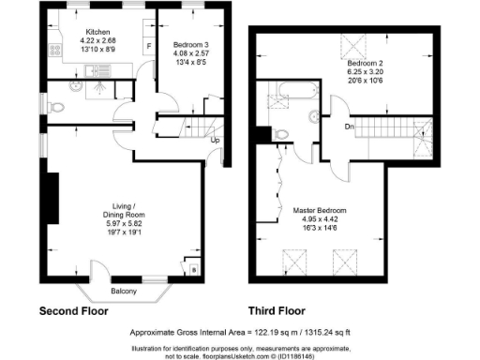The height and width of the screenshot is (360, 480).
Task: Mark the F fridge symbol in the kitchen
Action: (x=147, y=45)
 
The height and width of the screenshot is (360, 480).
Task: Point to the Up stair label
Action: (x=215, y=141)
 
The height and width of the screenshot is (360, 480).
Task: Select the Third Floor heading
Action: (x=283, y=310)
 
